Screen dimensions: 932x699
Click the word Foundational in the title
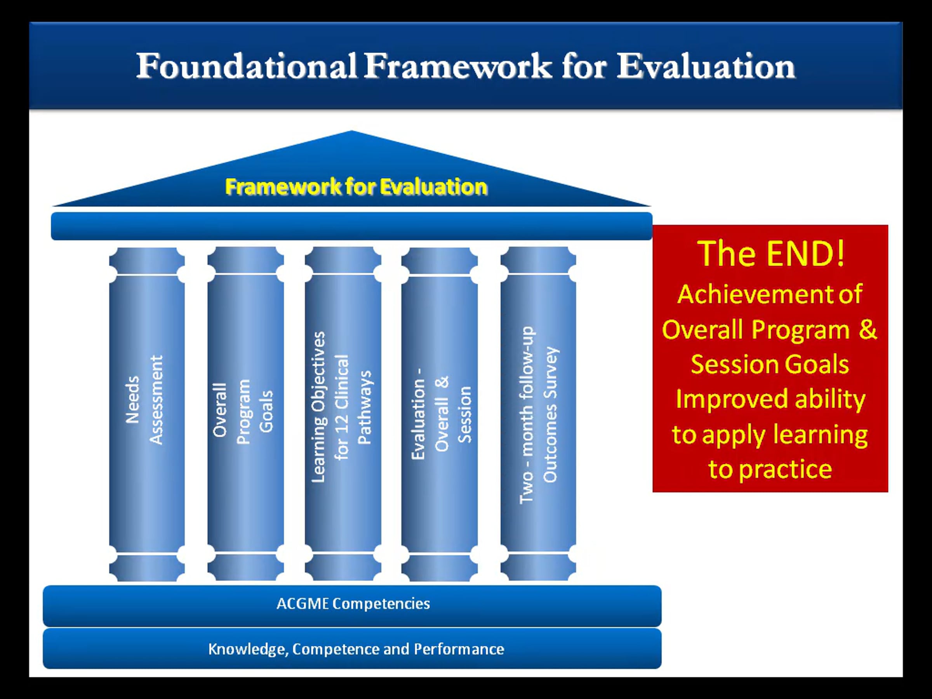[x=247, y=66]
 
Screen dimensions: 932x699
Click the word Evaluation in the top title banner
[x=706, y=66]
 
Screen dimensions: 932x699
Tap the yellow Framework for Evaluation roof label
[x=356, y=187]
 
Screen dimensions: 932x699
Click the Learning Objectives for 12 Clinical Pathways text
[x=342, y=407]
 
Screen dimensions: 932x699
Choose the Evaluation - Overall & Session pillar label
[x=442, y=414]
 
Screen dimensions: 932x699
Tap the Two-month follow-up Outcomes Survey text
[x=539, y=415]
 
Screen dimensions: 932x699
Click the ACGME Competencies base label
[x=353, y=603]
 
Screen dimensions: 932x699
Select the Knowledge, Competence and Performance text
[x=356, y=649]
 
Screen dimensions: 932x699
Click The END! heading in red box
[x=770, y=253]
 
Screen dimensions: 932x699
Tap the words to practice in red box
[x=770, y=469]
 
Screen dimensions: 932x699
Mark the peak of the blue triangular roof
[x=352, y=130]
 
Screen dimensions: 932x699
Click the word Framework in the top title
[x=458, y=66]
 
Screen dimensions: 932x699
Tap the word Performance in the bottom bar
[x=459, y=649]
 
